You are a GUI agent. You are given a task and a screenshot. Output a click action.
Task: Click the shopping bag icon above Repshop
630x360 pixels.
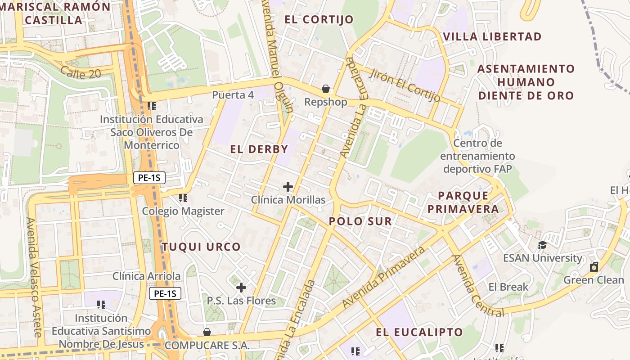[x=325, y=89]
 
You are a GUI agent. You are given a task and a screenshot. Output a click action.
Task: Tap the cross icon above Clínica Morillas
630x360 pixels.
[x=288, y=186]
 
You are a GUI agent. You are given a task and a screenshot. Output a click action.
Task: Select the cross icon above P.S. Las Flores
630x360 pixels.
[x=241, y=287]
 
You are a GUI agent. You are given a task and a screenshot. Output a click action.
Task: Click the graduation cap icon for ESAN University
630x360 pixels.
[x=542, y=245]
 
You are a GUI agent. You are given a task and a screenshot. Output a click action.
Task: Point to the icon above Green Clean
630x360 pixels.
[x=594, y=267]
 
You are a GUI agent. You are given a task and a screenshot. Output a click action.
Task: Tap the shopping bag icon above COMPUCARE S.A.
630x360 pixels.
[x=207, y=332]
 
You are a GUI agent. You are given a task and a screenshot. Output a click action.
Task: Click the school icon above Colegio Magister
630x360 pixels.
[x=183, y=198]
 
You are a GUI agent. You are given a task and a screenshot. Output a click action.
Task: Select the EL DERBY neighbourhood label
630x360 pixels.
[x=259, y=149]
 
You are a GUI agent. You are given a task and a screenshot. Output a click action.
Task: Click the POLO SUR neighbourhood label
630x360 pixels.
[x=360, y=221]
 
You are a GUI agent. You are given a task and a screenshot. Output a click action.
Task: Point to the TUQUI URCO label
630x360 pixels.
[x=201, y=247]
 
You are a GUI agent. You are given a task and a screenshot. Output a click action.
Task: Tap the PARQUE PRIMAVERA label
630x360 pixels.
[x=463, y=202]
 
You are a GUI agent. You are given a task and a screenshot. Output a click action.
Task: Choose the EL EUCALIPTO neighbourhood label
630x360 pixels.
[x=419, y=332]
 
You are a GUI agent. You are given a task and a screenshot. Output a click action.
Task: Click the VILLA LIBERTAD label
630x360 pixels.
[x=492, y=37]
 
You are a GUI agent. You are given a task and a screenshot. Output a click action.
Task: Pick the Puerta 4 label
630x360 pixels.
[x=233, y=95]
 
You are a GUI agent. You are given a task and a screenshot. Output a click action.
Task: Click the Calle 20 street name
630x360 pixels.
[x=81, y=72]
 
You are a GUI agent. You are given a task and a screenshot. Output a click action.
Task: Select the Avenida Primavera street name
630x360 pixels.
[x=383, y=277]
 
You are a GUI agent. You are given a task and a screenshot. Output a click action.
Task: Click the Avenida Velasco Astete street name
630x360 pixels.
[x=34, y=277]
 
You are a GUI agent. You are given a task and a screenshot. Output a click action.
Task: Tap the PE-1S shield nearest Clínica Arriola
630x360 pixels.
[x=165, y=294]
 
